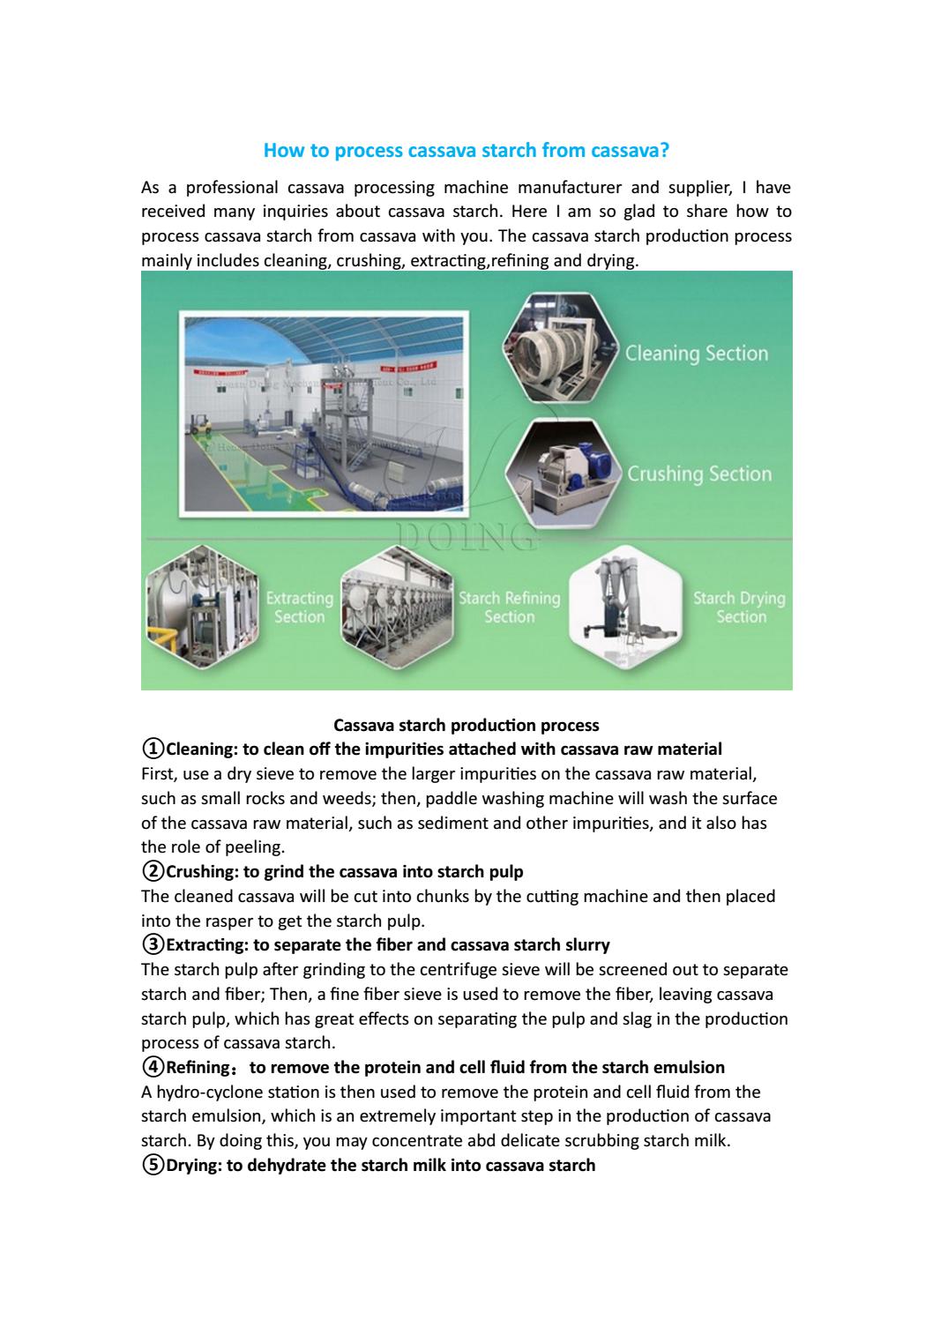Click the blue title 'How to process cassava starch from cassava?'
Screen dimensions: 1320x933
click(466, 151)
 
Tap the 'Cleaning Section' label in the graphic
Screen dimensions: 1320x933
click(697, 354)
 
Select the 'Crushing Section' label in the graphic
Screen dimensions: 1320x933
click(699, 474)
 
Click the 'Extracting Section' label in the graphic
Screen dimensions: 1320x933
click(300, 608)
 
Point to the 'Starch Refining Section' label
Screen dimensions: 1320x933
click(509, 608)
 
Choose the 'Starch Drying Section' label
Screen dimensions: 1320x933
click(739, 608)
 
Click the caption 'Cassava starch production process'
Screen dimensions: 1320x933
click(466, 726)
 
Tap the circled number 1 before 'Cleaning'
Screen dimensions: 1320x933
click(153, 749)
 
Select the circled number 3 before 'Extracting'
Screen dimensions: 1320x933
click(153, 945)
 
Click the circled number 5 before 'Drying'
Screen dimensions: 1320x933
click(153, 1166)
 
